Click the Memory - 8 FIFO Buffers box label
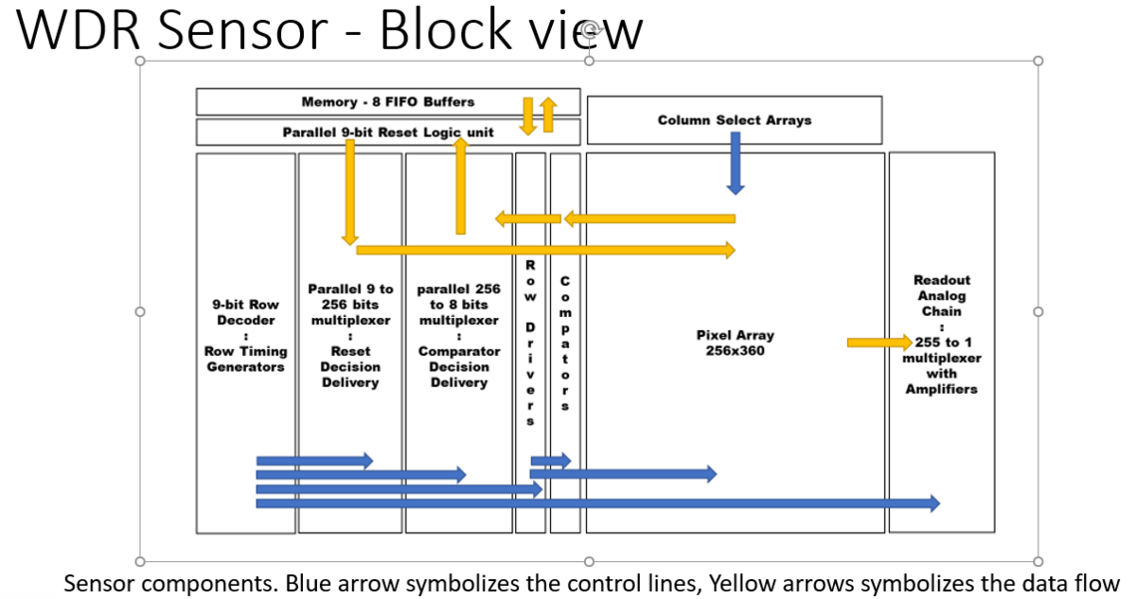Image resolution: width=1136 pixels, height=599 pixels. tap(388, 102)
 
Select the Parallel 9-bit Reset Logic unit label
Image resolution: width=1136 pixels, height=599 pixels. tap(388, 133)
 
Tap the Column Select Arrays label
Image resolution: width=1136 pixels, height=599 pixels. tap(734, 121)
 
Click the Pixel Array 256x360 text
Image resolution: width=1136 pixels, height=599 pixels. tap(735, 343)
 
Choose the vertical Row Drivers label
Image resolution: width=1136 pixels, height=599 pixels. tap(530, 343)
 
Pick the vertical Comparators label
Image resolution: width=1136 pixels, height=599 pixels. tap(565, 343)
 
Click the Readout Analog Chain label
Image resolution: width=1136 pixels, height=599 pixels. tap(942, 296)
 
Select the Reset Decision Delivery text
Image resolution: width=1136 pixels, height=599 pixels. tap(351, 367)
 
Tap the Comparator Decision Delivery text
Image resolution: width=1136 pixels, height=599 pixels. tap(458, 367)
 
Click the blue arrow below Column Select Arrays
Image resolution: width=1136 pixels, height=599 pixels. tap(735, 162)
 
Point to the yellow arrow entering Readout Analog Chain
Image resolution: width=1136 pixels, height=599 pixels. tap(878, 343)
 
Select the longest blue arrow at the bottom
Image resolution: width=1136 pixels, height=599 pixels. tap(598, 504)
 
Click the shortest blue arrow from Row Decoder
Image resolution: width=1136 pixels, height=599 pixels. tap(314, 460)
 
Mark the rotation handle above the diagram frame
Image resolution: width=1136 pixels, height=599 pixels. tap(589, 30)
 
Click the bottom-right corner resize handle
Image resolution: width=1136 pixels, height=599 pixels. tap(1038, 561)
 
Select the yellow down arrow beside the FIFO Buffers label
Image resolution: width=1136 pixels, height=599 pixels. tap(528, 116)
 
